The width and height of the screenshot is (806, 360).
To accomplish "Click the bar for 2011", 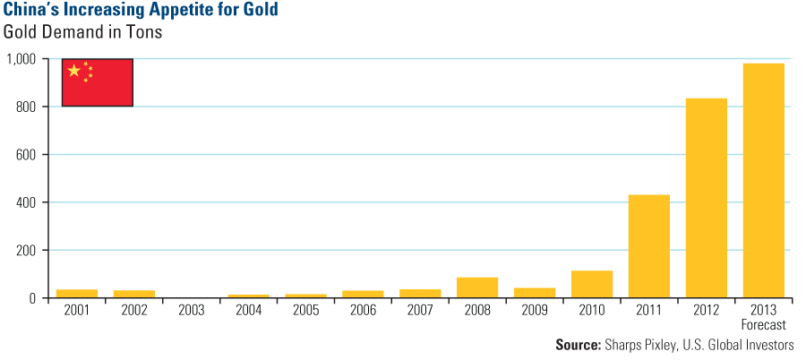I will pyautogui.click(x=648, y=246).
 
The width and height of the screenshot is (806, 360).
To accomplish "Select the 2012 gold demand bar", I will pyautogui.click(x=706, y=198).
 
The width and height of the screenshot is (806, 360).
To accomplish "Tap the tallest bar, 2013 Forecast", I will pyautogui.click(x=763, y=180).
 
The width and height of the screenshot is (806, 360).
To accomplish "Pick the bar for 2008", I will pyautogui.click(x=477, y=287).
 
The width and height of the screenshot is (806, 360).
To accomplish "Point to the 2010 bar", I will pyautogui.click(x=592, y=284).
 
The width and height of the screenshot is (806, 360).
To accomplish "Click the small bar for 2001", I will pyautogui.click(x=77, y=293).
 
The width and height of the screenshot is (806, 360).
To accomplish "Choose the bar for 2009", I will pyautogui.click(x=535, y=293).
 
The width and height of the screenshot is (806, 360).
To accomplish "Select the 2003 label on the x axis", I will pyautogui.click(x=191, y=310).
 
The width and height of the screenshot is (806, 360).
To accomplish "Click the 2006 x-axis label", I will pyautogui.click(x=363, y=310).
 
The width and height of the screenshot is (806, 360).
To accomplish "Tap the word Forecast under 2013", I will pyautogui.click(x=763, y=323).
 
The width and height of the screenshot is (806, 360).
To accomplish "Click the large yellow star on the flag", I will pyautogui.click(x=73, y=71).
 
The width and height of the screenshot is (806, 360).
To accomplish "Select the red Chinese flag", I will pyautogui.click(x=98, y=82).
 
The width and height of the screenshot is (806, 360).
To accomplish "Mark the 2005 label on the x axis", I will pyautogui.click(x=305, y=310).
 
